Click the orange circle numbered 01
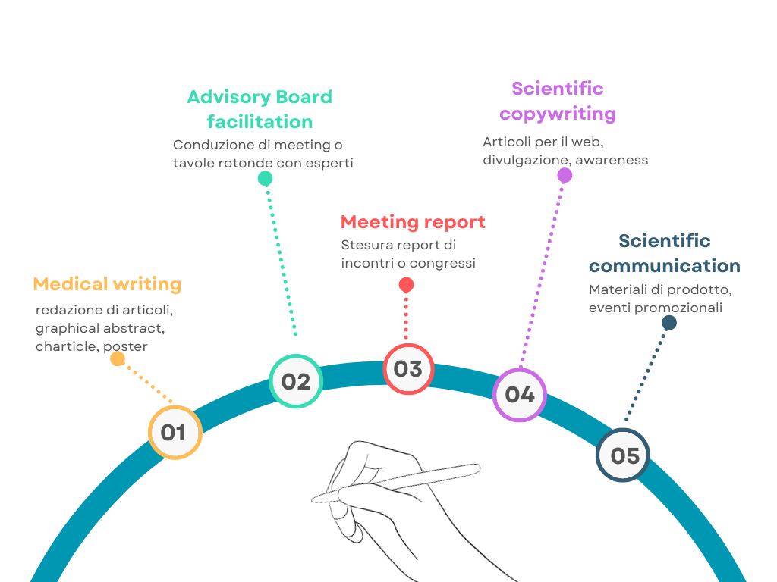click(174, 432)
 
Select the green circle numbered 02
click(295, 381)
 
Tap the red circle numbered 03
click(407, 369)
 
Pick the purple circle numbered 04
click(520, 394)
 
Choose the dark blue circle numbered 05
click(624, 455)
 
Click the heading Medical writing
click(107, 284)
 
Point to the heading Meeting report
click(413, 222)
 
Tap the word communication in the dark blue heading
click(665, 266)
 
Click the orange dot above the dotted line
click(118, 358)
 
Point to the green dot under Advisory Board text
click(265, 179)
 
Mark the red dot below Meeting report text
click(406, 285)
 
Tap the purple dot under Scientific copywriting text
click(565, 176)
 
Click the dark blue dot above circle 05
click(668, 323)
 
